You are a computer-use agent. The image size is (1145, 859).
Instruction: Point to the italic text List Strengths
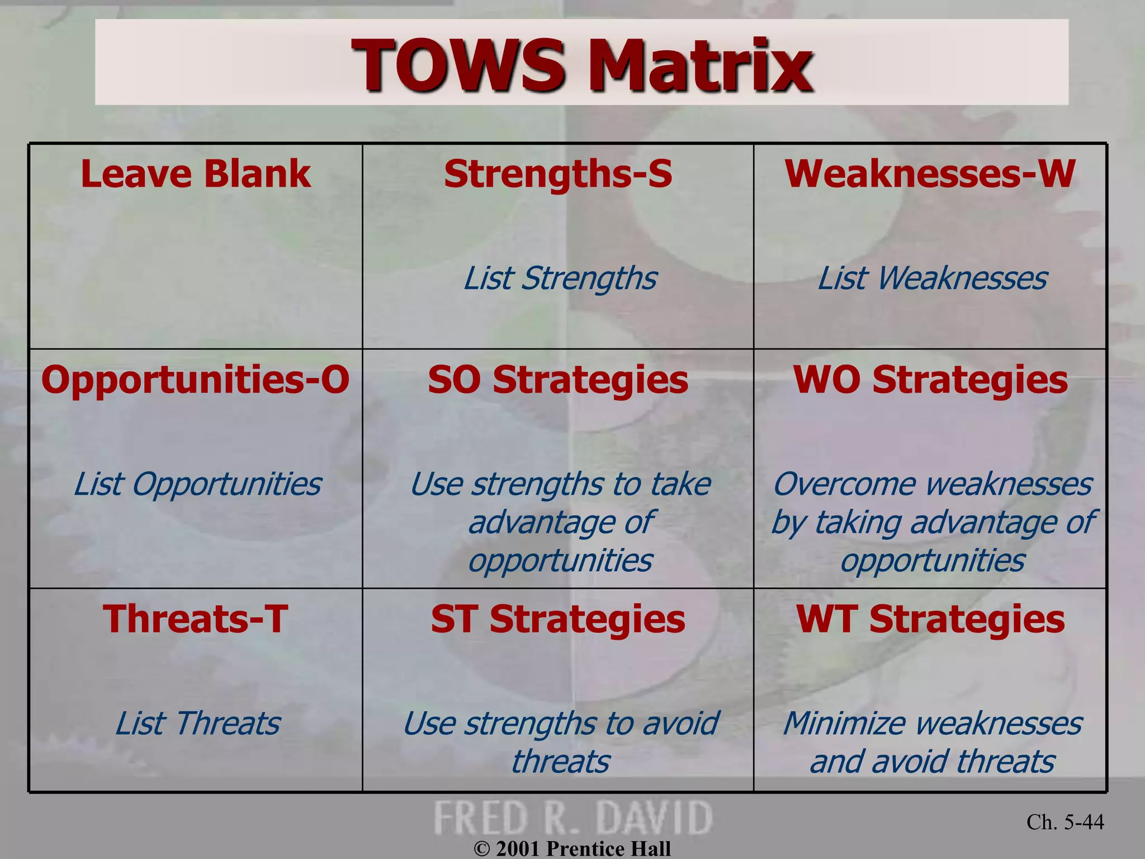point(560,279)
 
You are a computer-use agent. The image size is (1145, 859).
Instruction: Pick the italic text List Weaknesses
point(932,279)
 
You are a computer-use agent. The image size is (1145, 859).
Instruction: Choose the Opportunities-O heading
point(196,380)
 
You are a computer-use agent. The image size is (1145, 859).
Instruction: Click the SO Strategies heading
point(558,380)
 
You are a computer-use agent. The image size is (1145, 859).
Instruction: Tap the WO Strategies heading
point(930,380)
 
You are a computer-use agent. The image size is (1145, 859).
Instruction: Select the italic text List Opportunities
point(197,484)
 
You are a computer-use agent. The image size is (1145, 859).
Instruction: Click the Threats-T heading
point(196,619)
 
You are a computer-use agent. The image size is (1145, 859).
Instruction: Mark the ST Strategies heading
point(558,619)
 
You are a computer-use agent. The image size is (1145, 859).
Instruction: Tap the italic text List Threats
point(197,724)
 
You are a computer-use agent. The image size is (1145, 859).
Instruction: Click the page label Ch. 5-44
point(1065,822)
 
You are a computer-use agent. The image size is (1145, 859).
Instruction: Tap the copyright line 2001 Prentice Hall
point(572,848)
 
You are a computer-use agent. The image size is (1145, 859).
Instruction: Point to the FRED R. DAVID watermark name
point(573,818)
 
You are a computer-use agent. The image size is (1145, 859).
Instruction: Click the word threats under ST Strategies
point(560,762)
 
